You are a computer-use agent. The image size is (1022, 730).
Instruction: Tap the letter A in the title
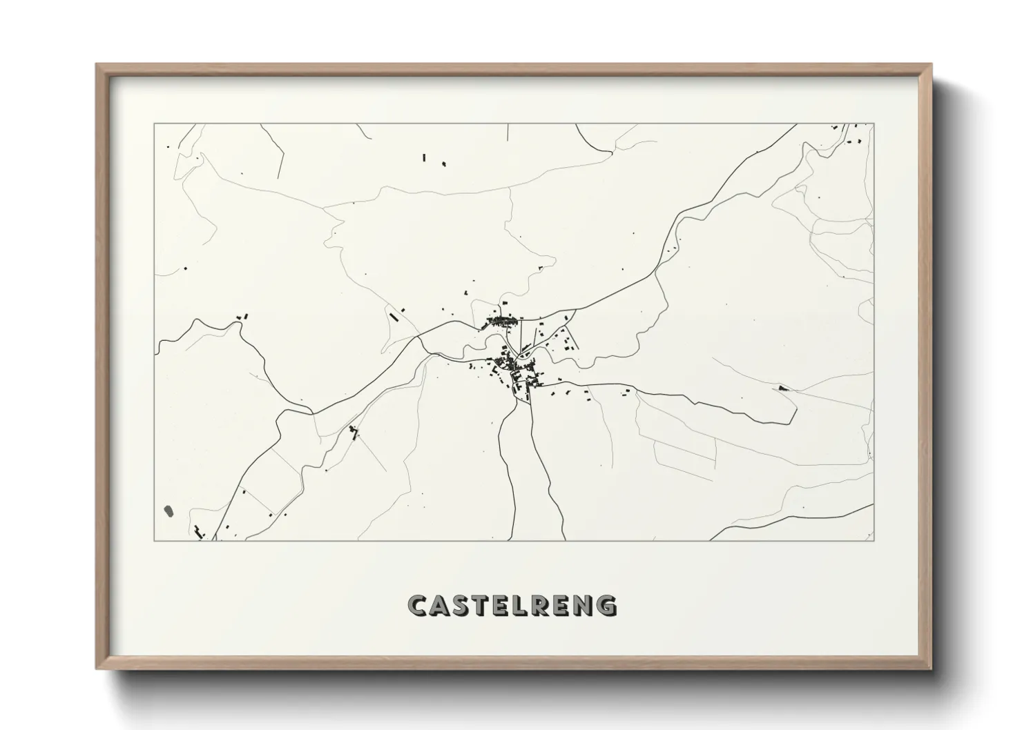click(442, 605)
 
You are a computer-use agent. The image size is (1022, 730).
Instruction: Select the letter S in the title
click(465, 605)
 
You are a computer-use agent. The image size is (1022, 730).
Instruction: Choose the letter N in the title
click(584, 605)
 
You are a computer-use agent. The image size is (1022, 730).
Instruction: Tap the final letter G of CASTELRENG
click(607, 605)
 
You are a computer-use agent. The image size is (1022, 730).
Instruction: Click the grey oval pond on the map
click(168, 511)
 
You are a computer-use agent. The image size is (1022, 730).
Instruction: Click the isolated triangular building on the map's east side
click(782, 388)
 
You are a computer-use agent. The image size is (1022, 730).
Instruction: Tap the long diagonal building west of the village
click(394, 317)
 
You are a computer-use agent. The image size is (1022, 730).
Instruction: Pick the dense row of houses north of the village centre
click(502, 321)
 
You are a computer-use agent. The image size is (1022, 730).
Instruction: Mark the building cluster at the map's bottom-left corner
click(200, 531)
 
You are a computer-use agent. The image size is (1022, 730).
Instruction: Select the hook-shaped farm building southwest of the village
click(354, 432)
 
